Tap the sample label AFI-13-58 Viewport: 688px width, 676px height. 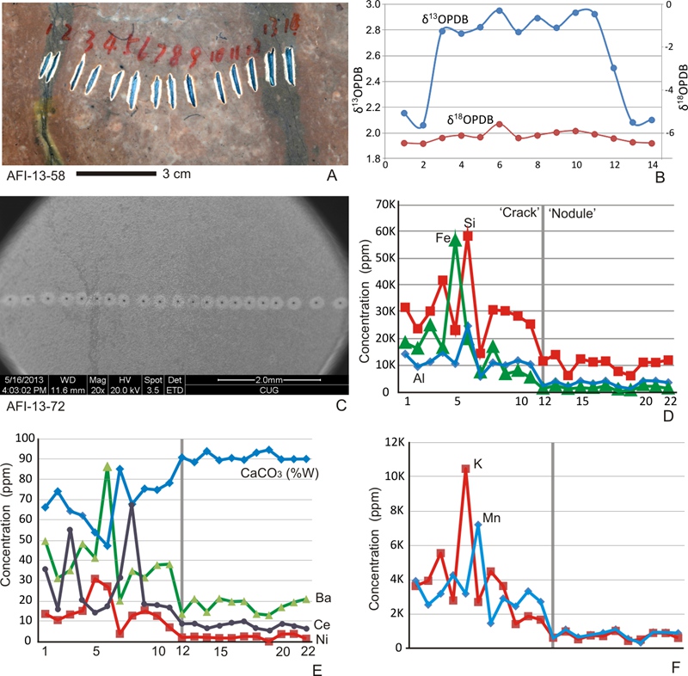(x=33, y=175)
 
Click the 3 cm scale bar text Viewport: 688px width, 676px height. (x=175, y=174)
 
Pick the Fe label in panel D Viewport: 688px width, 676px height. (x=444, y=237)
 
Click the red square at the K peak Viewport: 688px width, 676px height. (x=465, y=469)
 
